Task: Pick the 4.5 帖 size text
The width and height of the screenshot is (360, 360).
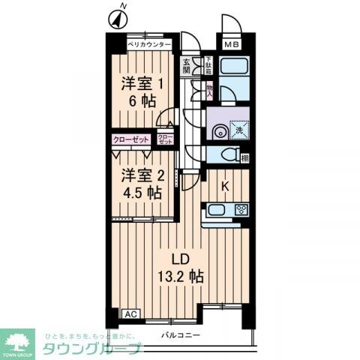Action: coord(141,193)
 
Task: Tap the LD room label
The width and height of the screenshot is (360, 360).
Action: coord(188,259)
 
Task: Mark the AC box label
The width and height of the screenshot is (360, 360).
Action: coord(128,314)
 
